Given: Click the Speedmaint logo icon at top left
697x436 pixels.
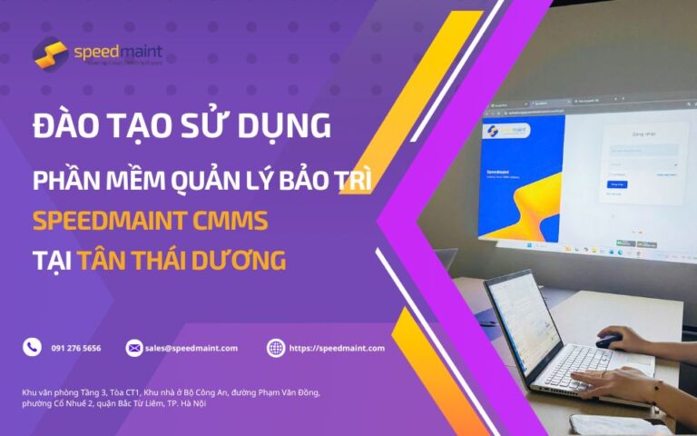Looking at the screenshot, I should click(x=51, y=53).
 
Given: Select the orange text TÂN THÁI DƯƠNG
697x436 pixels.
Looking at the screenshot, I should click(x=182, y=262).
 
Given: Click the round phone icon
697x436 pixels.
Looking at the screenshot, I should click(x=33, y=347).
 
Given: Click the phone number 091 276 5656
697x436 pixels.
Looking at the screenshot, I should click(x=76, y=348).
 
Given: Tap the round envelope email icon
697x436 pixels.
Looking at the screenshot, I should click(x=134, y=347).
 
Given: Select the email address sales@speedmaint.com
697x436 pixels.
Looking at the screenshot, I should click(x=191, y=348).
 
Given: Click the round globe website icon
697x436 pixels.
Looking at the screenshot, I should click(x=276, y=347).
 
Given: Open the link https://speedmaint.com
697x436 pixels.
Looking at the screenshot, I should click(x=337, y=348).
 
